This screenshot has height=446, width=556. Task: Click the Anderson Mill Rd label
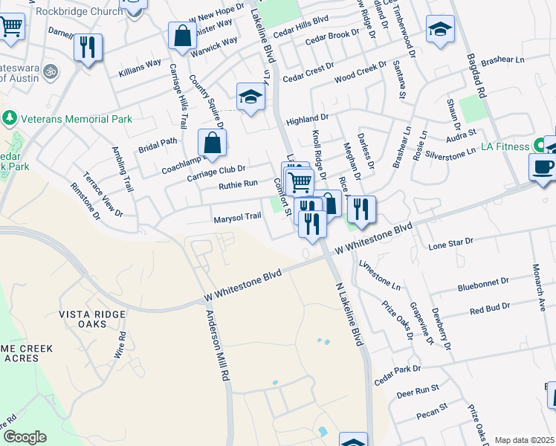coord(217,346)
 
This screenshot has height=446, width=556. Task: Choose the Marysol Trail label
coord(237,217)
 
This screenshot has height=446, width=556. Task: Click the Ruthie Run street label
coord(237,183)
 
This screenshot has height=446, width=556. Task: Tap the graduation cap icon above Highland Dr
coord(250,96)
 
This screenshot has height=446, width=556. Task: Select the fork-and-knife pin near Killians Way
coord(88,48)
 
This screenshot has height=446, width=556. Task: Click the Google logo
coord(24,437)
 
